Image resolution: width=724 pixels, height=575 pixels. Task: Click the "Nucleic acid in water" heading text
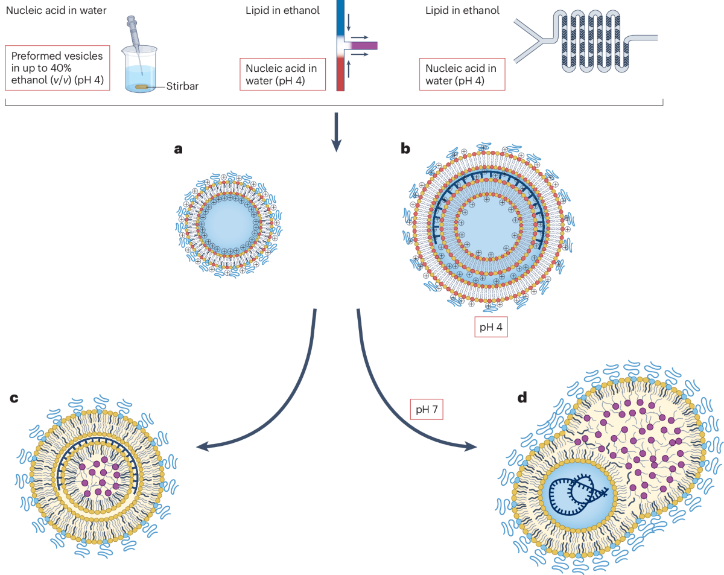click(56, 10)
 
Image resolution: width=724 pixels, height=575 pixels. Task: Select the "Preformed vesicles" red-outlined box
click(57, 68)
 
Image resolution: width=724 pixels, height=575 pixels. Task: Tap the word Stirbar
click(182, 86)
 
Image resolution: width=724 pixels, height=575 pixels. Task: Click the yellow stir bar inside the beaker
click(141, 87)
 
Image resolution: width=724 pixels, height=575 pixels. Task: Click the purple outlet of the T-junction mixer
click(364, 45)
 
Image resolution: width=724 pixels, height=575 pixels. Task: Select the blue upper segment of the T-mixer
click(340, 17)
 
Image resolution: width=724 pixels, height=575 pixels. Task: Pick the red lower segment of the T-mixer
click(340, 74)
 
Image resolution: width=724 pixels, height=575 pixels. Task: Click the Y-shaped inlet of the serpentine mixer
click(533, 41)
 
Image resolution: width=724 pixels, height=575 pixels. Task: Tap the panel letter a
click(179, 149)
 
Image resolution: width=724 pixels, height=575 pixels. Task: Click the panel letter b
click(405, 148)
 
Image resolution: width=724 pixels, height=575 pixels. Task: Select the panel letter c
click(14, 398)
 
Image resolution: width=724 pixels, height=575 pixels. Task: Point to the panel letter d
click(522, 398)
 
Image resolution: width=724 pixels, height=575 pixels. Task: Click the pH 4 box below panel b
click(491, 326)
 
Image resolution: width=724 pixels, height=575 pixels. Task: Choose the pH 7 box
click(427, 409)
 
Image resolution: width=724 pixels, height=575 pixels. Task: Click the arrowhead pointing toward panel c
click(202, 447)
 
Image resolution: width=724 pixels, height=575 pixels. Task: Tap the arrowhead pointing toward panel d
click(471, 447)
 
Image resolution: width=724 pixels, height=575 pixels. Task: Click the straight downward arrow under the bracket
click(336, 132)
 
